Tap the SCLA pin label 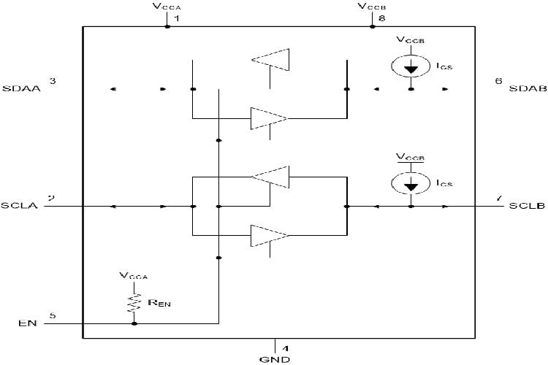tap(19, 207)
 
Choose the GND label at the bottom tap(275, 359)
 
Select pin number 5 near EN tap(52, 316)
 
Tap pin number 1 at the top tap(176, 17)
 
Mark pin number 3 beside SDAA tap(52, 80)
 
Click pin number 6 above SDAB tap(498, 80)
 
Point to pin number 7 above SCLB tap(498, 198)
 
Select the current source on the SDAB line tap(411, 66)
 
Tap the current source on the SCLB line tap(411, 184)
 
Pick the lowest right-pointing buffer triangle tap(269, 236)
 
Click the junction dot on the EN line tap(134, 323)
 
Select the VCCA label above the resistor tap(134, 277)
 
